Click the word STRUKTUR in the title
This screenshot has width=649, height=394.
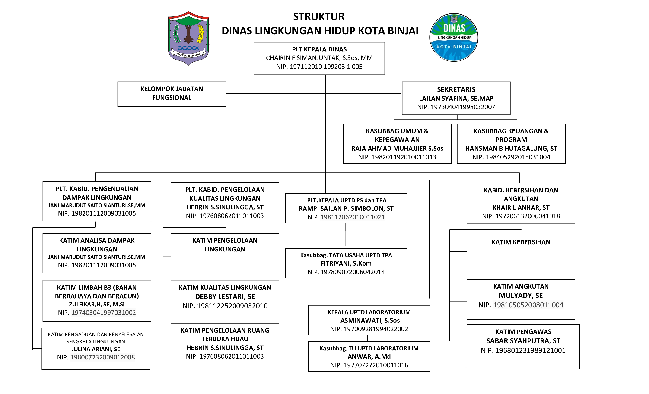tap(319, 17)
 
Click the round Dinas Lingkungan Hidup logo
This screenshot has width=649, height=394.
tap(454, 37)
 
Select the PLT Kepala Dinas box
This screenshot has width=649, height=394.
tap(319, 58)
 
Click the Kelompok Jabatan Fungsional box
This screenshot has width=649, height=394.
tap(172, 94)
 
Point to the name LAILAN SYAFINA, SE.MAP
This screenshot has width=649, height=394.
tap(456, 98)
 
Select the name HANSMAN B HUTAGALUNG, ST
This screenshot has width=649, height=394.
tap(511, 148)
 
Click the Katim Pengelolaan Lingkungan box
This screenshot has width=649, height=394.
tap(225, 253)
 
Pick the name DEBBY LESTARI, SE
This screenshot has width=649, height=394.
tap(225, 297)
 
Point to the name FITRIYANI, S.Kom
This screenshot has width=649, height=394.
tap(346, 263)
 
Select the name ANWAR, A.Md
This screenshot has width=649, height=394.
tap(369, 356)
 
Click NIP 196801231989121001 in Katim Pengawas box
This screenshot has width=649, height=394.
tap(523, 350)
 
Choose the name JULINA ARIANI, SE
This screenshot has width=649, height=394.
tap(95, 349)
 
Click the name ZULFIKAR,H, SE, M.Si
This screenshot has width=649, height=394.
tap(97, 304)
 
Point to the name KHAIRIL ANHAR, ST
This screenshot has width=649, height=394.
tap(521, 207)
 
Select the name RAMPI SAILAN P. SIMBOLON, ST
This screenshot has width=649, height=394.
tap(346, 208)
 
